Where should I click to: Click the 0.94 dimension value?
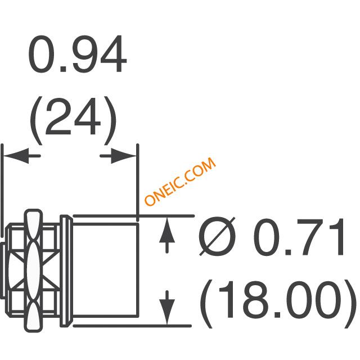(78, 54)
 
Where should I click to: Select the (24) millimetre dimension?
(74, 121)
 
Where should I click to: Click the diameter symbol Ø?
(217, 236)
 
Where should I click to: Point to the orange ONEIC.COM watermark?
(181, 181)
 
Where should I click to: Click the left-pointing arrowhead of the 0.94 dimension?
(16, 156)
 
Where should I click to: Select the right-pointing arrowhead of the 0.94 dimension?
(124, 156)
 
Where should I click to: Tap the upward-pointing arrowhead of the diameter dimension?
(167, 230)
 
